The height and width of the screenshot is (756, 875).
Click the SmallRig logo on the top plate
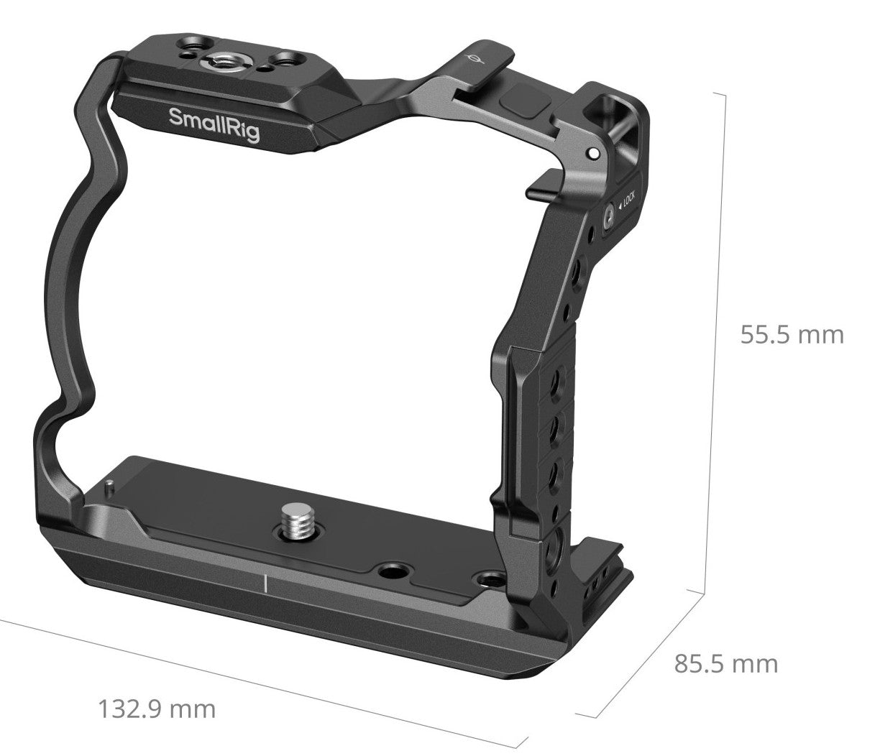pyautogui.click(x=214, y=122)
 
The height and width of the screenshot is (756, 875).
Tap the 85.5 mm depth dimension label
pyautogui.click(x=725, y=663)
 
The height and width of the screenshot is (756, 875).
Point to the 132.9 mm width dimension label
pyautogui.click(x=156, y=709)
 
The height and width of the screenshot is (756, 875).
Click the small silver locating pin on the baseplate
pyautogui.click(x=107, y=487)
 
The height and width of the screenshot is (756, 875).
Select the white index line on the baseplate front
pyautogui.click(x=265, y=583)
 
